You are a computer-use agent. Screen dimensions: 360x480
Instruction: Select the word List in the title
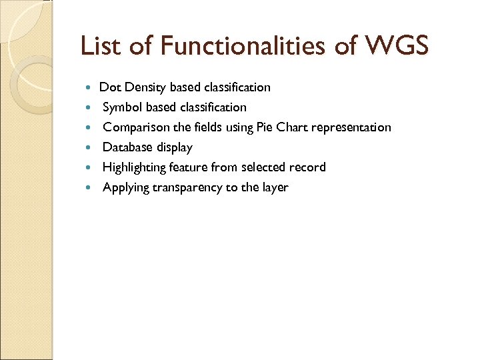[x=100, y=46]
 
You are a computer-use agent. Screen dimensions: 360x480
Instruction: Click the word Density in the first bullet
[x=145, y=87]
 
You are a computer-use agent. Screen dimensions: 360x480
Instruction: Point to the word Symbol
[x=123, y=107]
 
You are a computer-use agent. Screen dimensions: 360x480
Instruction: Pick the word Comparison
[x=135, y=127]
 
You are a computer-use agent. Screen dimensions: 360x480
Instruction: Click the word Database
[x=128, y=147]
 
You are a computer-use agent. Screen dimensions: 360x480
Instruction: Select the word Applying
[x=125, y=187]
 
